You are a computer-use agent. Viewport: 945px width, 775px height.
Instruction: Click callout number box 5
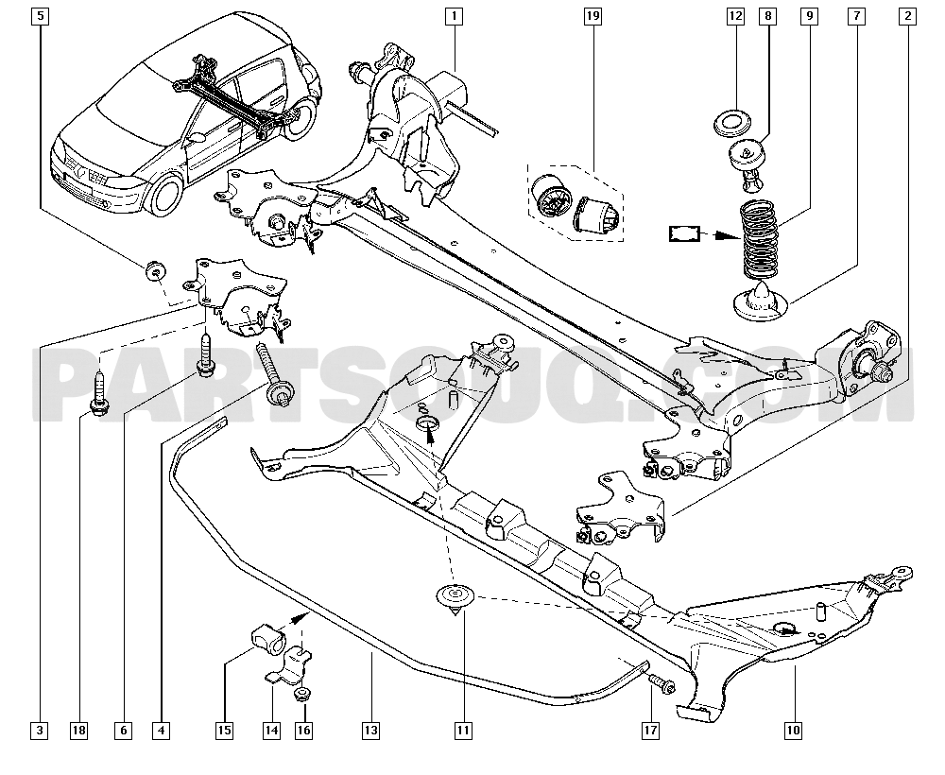tap(39, 15)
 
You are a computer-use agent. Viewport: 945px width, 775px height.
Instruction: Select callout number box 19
tap(593, 15)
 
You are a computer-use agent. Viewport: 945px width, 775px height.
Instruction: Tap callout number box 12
tap(735, 15)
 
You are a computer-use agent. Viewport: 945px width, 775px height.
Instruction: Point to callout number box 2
tap(908, 15)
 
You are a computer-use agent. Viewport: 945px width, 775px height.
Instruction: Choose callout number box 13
tap(370, 730)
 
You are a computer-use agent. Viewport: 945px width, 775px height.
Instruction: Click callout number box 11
tap(462, 730)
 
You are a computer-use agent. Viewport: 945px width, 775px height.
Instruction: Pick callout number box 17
tap(651, 730)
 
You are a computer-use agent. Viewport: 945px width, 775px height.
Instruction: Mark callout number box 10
tap(792, 730)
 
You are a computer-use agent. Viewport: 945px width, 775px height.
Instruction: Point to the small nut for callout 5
tap(151, 270)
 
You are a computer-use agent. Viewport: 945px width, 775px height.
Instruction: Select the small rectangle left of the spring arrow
tap(684, 232)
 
